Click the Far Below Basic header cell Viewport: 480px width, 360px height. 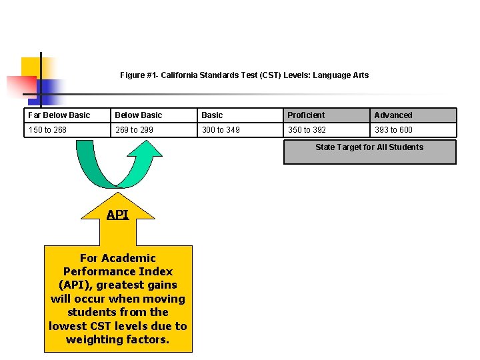click(59, 115)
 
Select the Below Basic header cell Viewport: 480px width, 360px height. click(139, 115)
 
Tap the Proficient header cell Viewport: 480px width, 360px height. click(307, 115)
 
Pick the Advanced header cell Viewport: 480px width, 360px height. click(393, 115)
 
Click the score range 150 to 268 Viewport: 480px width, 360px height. click(47, 130)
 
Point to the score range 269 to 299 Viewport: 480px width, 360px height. click(134, 130)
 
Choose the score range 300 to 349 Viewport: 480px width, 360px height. click(221, 130)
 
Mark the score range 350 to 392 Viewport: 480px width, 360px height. click(307, 130)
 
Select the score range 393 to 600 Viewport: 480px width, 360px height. click(393, 130)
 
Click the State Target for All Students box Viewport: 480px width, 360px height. click(369, 151)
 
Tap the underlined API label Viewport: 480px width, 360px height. click(117, 215)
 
